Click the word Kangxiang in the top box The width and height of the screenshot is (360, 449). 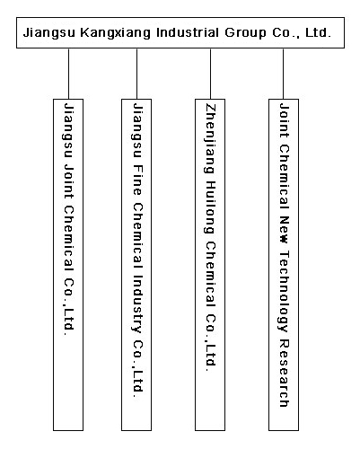pos(115,32)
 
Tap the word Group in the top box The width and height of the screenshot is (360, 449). pos(245,32)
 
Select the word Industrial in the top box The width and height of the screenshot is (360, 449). pos(188,32)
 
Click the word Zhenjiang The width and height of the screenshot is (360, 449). pos(210,138)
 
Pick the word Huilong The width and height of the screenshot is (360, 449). pos(210,207)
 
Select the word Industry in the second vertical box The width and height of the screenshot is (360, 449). pos(136,304)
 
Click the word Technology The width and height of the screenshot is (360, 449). pos(284,291)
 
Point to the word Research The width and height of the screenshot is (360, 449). pos(284,373)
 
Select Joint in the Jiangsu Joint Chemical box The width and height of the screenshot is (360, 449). pos(68,181)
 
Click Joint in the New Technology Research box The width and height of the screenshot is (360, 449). pos(284,120)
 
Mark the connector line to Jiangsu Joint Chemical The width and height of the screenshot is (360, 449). pos(68,74)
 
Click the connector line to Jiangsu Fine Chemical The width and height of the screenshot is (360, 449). pos(136,74)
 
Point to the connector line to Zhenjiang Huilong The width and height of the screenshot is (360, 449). pos(210,74)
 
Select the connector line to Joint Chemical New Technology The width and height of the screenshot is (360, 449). pos(283,74)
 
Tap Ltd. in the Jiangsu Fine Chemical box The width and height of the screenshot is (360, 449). pos(136,384)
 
